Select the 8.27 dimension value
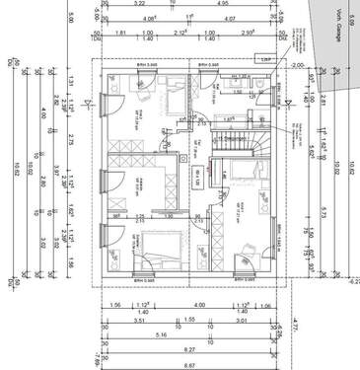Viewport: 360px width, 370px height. coord(188,348)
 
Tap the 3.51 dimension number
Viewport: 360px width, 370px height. coord(139,320)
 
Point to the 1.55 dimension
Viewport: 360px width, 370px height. coord(187,320)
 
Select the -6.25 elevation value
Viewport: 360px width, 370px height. coord(352,281)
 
